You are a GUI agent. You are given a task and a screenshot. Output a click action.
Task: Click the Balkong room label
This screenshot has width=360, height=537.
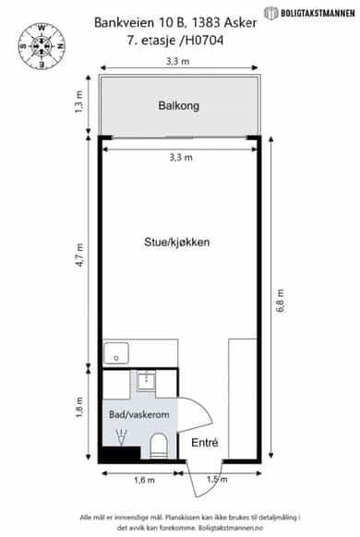pos(178,105)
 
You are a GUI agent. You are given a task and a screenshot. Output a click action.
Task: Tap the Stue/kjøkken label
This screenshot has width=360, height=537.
pos(176,242)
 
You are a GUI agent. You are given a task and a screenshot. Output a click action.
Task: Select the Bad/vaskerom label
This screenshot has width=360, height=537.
pos(139,414)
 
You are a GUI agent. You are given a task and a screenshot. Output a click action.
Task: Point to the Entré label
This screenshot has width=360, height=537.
pos(205,443)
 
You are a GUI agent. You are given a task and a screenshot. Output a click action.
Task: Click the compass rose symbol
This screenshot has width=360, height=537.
pos(42,46)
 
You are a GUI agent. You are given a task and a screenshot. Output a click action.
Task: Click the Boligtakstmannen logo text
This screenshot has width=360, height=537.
pos(318,13)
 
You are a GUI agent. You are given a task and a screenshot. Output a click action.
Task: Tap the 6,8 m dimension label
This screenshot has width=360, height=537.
pos(281,301)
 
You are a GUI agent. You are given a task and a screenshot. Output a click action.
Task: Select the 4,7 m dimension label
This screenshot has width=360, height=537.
pos(79,255)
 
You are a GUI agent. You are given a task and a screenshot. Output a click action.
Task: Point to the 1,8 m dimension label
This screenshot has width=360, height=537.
pos(79,408)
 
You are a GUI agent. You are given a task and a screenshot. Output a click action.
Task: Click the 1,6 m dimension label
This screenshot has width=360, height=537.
pos(144,480)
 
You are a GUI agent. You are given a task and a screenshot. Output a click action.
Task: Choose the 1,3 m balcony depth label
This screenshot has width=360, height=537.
pos(79,101)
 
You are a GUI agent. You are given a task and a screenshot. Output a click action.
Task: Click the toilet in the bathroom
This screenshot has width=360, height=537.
pos(158,446)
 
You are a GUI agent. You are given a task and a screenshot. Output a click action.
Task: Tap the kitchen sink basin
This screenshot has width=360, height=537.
pos(116,353)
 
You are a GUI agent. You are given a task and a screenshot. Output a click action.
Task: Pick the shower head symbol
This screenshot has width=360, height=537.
pos(122,437)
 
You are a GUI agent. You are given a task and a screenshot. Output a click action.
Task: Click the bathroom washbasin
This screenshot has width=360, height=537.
pos(147,382)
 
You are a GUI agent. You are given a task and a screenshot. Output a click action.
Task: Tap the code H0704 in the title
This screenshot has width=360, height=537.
pos(205,41)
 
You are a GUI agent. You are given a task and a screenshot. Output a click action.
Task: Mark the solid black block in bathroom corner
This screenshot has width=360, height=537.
pos(122,452)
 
